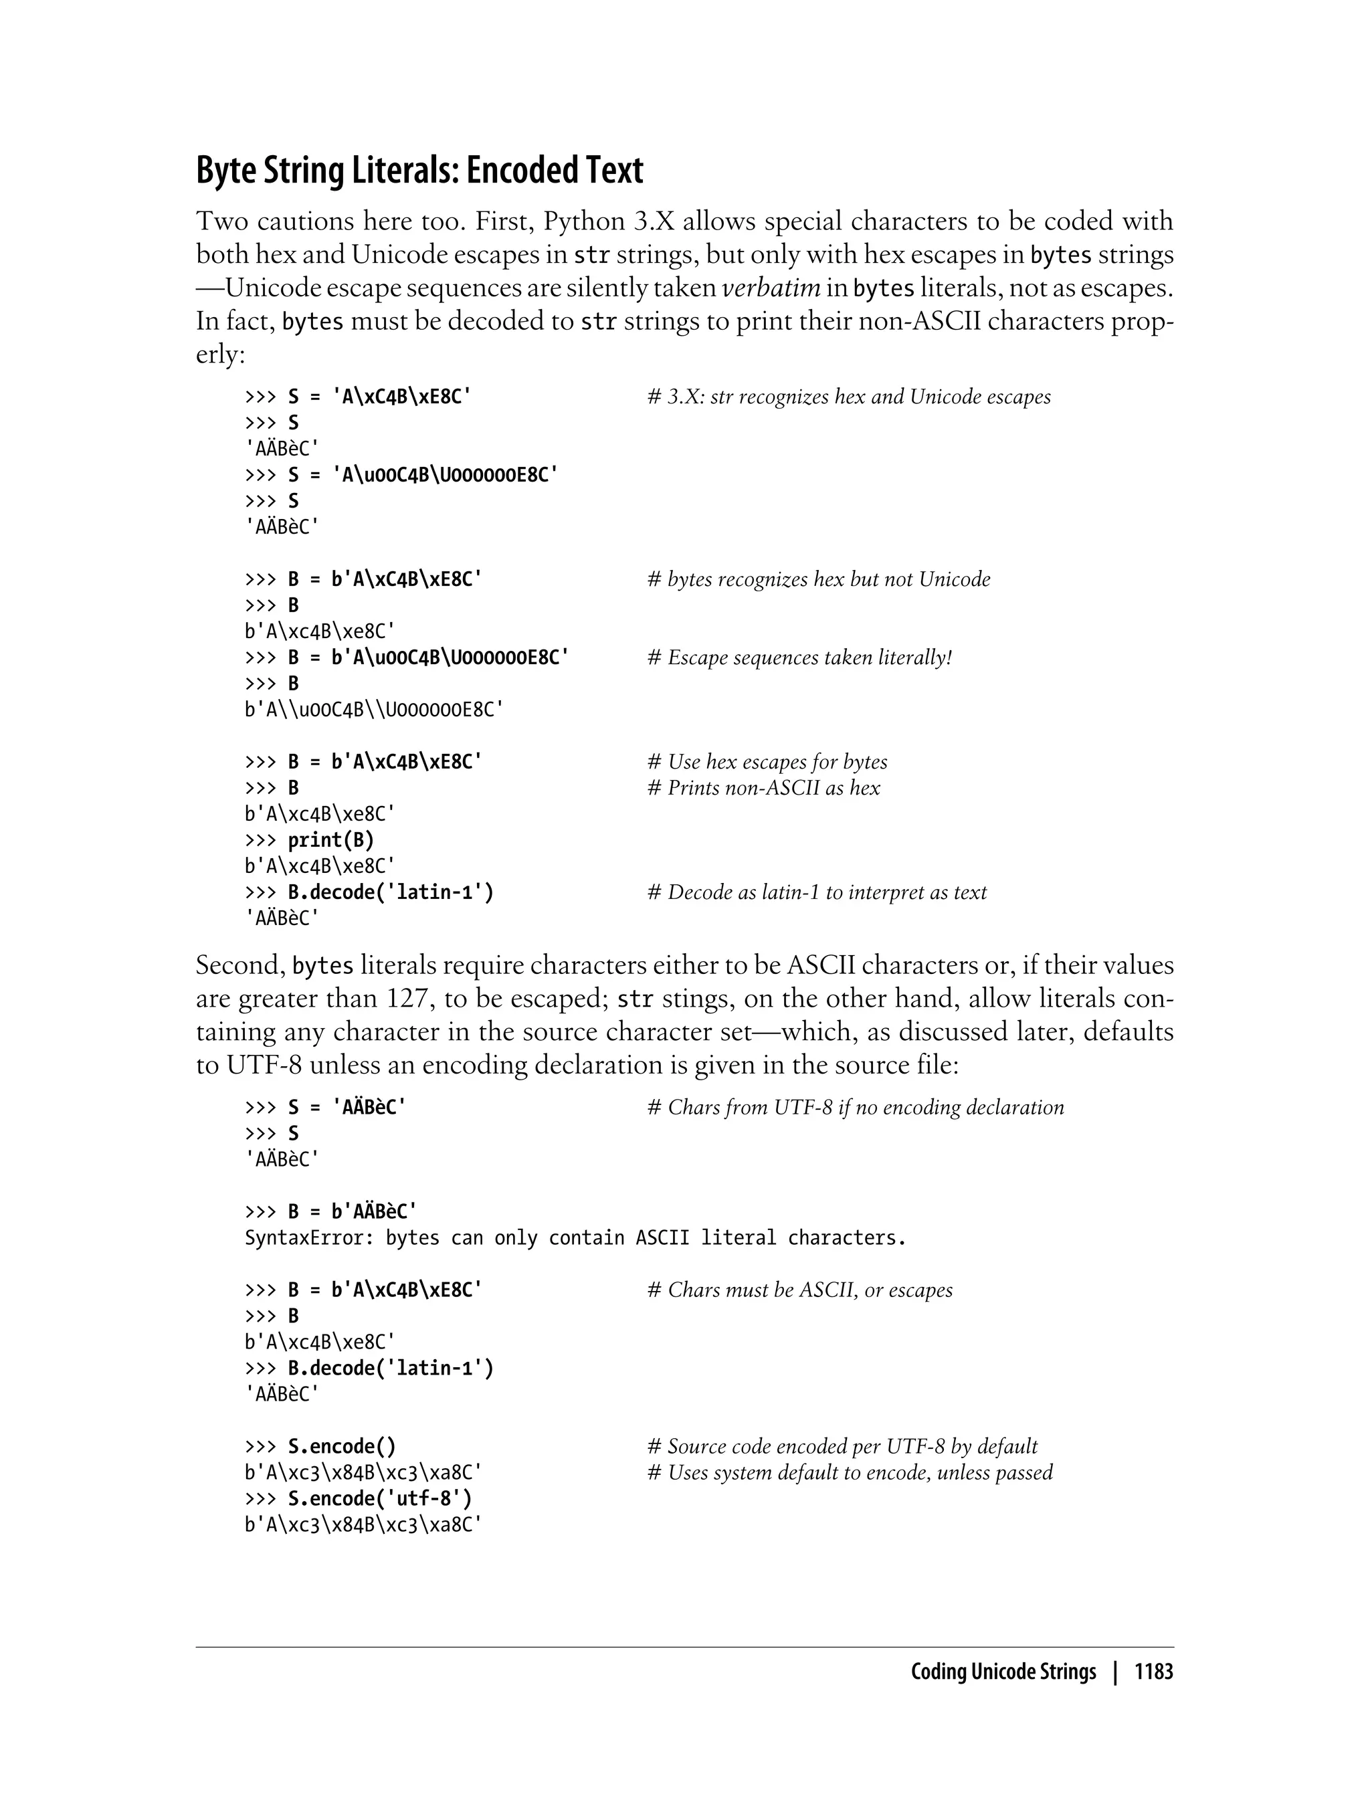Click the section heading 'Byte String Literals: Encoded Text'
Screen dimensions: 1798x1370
point(419,171)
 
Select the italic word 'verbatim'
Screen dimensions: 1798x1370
point(771,288)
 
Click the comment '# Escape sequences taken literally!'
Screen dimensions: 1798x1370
point(799,658)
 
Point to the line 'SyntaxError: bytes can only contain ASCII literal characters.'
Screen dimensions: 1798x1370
point(575,1238)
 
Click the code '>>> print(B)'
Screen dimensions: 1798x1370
point(310,840)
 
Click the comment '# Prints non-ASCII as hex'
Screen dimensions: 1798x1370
point(763,789)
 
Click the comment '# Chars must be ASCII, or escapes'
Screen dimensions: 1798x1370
point(799,1290)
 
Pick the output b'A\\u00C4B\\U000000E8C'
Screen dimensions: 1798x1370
point(373,710)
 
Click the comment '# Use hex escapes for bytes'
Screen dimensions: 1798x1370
point(767,763)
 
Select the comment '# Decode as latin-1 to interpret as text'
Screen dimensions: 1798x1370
point(816,893)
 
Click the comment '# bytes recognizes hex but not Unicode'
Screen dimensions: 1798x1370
point(818,580)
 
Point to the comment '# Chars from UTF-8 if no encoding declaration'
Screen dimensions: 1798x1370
point(855,1107)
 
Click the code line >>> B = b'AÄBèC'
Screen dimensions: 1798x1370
point(330,1212)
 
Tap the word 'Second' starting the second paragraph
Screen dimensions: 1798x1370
point(239,965)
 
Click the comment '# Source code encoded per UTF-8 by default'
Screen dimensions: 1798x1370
point(842,1447)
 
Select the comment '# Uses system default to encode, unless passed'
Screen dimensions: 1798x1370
point(849,1473)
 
